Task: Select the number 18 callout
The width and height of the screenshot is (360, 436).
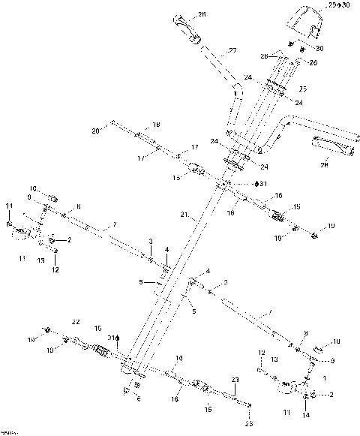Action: (x=156, y=125)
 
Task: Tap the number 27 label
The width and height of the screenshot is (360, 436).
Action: (x=233, y=51)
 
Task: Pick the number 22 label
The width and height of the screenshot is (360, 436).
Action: (x=75, y=321)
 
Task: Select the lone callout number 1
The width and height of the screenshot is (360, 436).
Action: (x=325, y=379)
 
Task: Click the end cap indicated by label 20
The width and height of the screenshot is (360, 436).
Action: (x=112, y=123)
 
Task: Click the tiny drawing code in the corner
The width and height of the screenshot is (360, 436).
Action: (x=9, y=432)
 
